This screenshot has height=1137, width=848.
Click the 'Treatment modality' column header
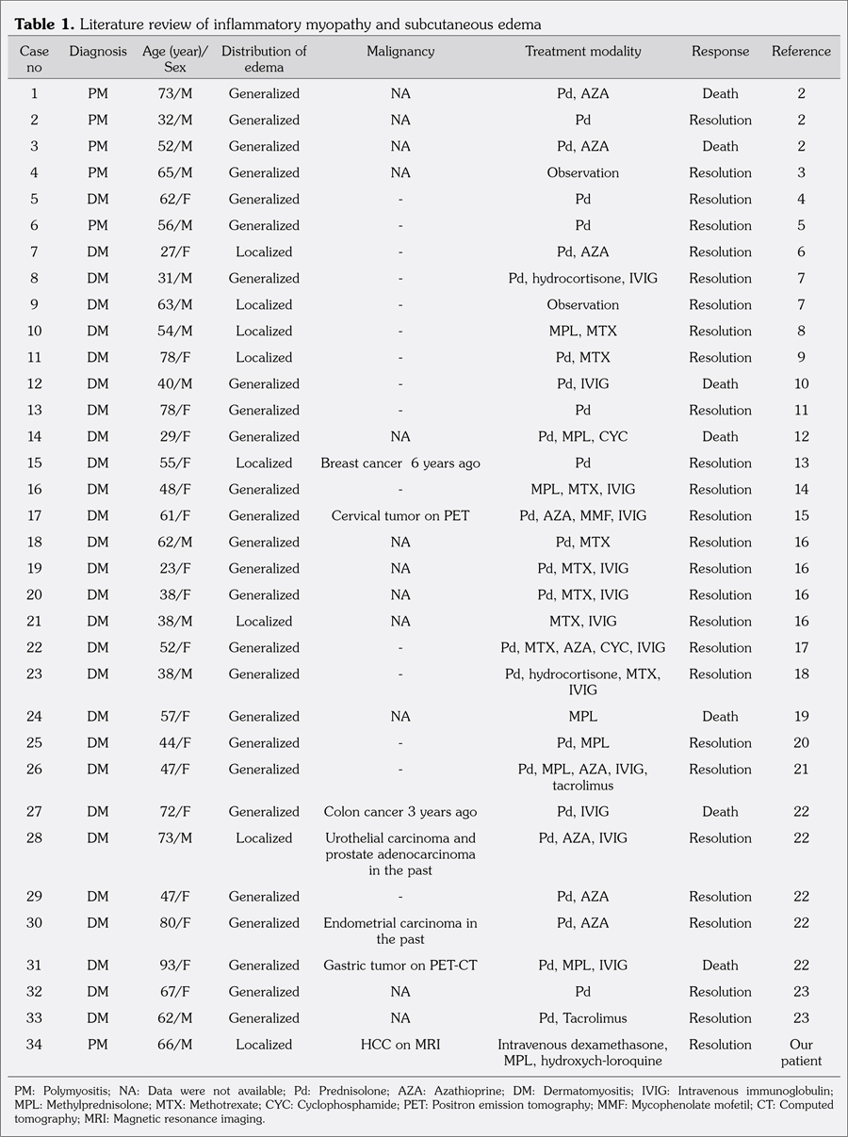pos(583,52)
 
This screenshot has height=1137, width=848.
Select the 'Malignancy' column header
pos(400,52)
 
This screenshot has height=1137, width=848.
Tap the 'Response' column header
pos(720,52)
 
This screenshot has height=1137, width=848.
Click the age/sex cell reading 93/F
pos(175,966)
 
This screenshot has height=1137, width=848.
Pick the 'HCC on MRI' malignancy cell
pos(400,1045)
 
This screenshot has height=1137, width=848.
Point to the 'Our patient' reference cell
pos(801,1052)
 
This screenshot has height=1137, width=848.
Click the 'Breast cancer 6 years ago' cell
pos(400,463)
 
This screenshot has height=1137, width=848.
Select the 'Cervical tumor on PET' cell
pos(400,515)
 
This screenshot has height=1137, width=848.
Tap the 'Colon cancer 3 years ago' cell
pos(400,811)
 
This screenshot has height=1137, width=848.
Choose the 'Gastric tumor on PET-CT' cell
pos(400,966)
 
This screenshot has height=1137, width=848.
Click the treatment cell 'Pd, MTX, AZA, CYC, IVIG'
pos(583,647)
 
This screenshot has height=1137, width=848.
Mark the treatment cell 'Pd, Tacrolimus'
pos(583,1018)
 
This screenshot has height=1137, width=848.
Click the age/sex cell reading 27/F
pos(175,252)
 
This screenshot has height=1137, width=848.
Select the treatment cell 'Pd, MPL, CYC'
pos(583,436)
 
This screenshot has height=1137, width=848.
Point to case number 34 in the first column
pos(35,1045)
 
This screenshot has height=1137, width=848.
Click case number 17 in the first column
pos(35,515)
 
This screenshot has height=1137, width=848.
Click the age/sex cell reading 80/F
pos(175,923)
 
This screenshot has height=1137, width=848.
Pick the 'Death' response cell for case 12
pos(720,383)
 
